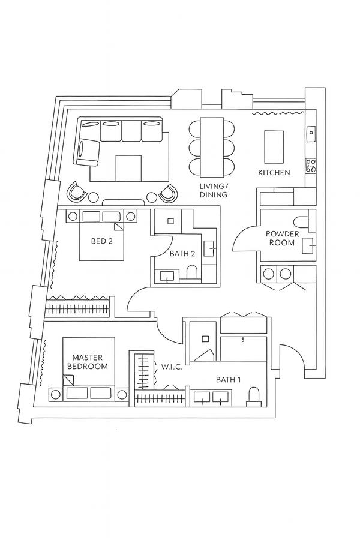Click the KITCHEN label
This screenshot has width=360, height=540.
click(x=274, y=173)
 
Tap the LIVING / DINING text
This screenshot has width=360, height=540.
click(x=214, y=191)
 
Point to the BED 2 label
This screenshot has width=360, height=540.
click(x=101, y=242)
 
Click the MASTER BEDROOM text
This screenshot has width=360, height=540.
click(x=87, y=362)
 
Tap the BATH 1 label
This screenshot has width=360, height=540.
click(x=229, y=379)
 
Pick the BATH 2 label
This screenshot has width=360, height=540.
click(x=182, y=254)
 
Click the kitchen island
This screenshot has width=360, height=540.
click(x=274, y=146)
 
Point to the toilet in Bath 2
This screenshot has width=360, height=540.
click(x=192, y=274)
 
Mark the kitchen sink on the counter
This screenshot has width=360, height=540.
click(x=311, y=134)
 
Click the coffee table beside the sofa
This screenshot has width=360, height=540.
click(x=128, y=168)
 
